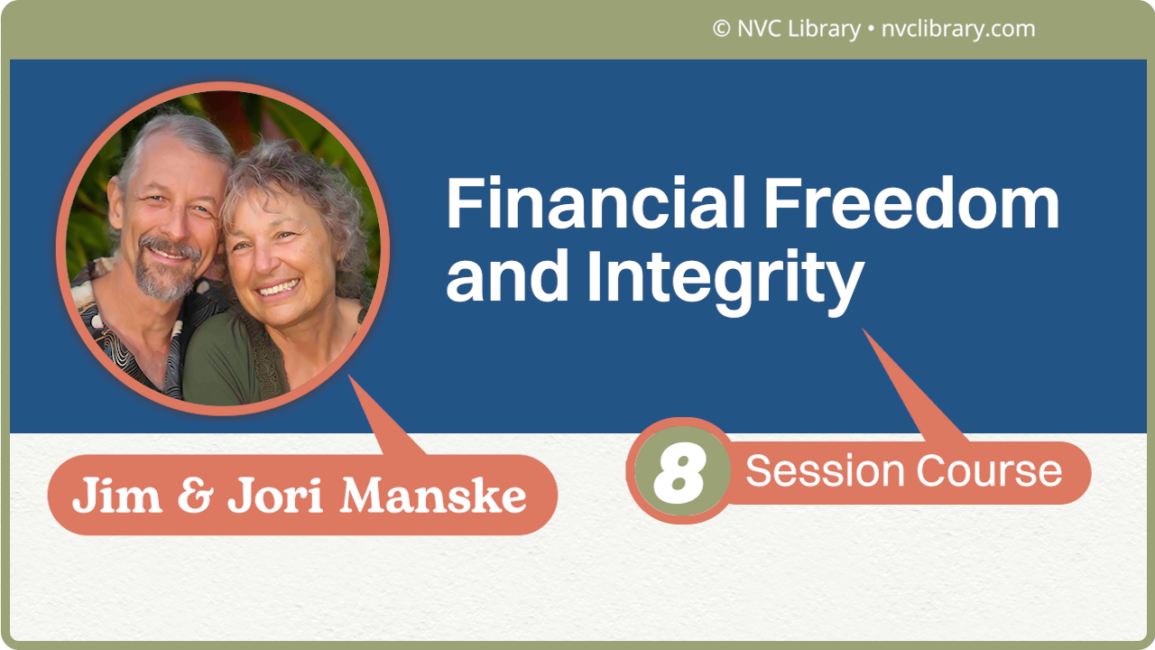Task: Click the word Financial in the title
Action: click(596, 206)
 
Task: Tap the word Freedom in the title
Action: click(910, 206)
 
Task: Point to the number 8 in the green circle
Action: click(678, 470)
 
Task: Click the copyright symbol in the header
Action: click(721, 29)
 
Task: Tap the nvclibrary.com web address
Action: click(957, 29)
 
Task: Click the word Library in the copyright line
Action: click(822, 29)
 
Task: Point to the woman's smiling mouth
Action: click(279, 289)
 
